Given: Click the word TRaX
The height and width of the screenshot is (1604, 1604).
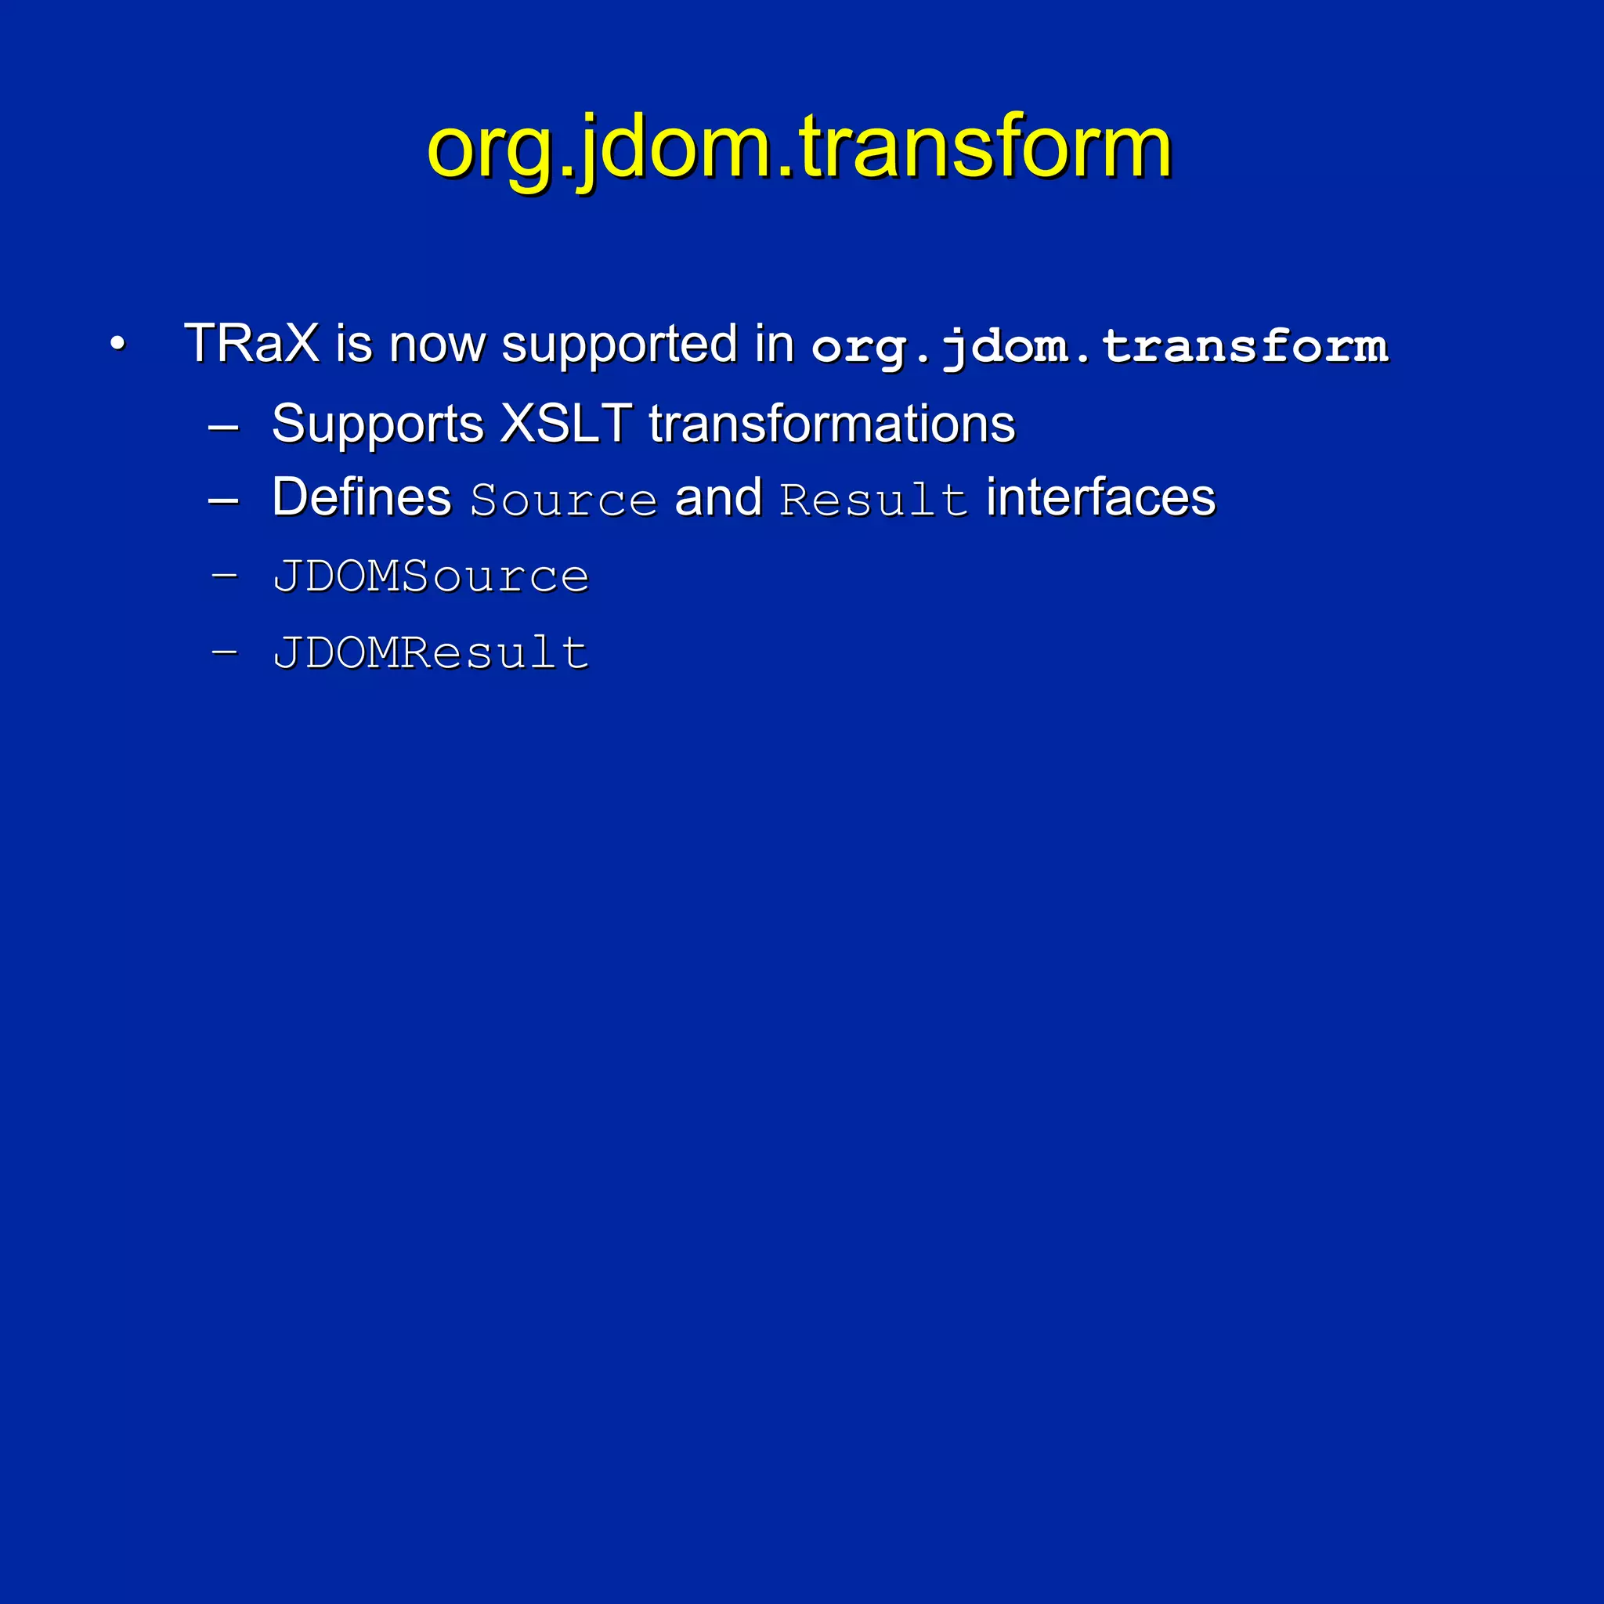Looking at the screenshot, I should click(251, 343).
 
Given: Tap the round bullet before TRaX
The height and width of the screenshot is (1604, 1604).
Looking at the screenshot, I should click(118, 343).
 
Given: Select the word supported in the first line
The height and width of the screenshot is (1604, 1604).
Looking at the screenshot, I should click(619, 345).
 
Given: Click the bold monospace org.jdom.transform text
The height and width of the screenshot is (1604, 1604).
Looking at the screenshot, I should click(1099, 346).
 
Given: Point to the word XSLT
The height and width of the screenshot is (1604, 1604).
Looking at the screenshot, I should click(567, 424).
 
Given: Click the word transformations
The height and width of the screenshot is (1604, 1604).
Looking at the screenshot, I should click(832, 424).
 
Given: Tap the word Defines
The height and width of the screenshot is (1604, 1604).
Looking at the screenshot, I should click(361, 497).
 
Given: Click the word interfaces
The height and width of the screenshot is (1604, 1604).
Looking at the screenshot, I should click(1100, 497).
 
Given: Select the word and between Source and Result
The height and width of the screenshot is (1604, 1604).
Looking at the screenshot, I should click(718, 497).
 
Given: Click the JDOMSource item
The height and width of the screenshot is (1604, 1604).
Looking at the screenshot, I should click(431, 576).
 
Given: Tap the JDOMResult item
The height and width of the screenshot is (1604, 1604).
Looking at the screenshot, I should click(431, 652).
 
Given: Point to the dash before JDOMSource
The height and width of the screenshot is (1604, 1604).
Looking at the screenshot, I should click(224, 576).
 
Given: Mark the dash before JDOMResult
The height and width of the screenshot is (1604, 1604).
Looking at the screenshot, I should click(224, 651).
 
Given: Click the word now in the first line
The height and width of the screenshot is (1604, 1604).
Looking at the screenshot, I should click(437, 345).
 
